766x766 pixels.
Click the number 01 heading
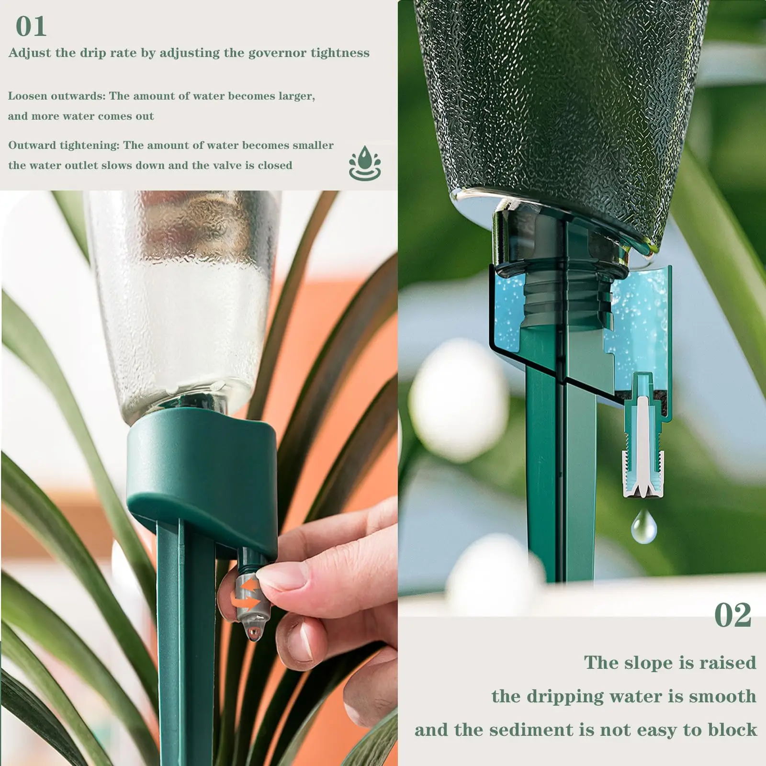[31, 26]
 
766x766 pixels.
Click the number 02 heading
[732, 615]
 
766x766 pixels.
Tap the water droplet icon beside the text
[365, 163]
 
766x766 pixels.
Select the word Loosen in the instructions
[28, 96]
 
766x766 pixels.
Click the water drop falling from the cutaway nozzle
[644, 526]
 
